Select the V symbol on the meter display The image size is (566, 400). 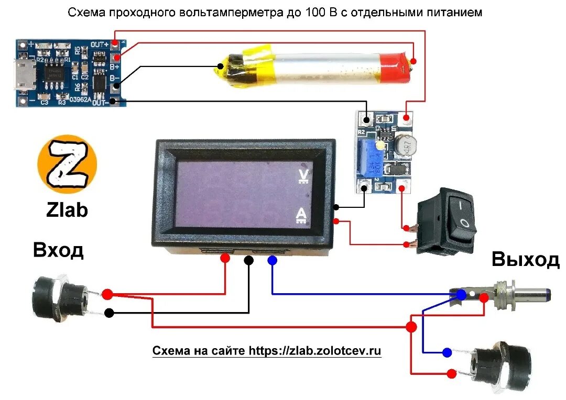(302, 176)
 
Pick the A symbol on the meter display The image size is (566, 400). (302, 215)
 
